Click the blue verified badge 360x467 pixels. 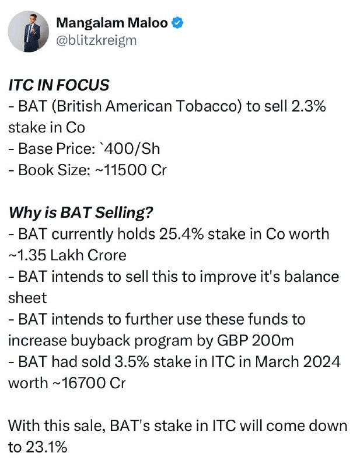click(x=178, y=23)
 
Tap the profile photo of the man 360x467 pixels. click(x=28, y=32)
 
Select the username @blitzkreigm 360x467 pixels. click(x=96, y=40)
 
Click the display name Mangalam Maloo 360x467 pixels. click(x=112, y=23)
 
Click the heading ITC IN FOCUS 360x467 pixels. click(x=59, y=85)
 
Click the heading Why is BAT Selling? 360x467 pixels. click(x=81, y=213)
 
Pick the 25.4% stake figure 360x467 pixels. click(x=181, y=234)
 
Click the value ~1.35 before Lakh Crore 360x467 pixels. click(x=27, y=256)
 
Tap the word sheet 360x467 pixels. click(x=27, y=298)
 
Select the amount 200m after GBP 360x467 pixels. click(x=272, y=340)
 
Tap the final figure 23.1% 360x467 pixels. click(x=47, y=447)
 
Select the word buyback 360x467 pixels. click(x=100, y=341)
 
